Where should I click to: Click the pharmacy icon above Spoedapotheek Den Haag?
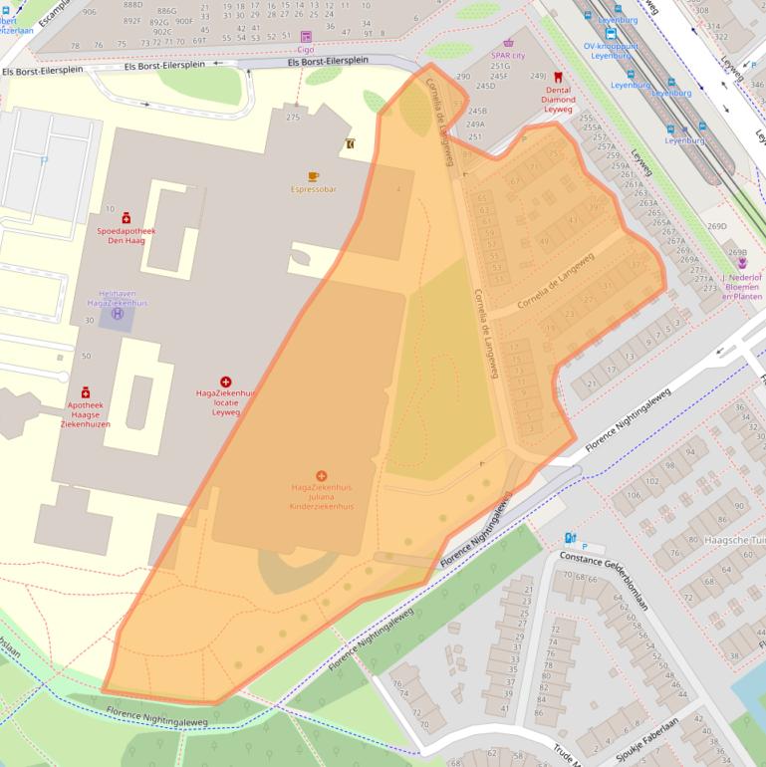(127, 218)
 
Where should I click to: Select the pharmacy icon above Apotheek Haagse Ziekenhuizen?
(86, 393)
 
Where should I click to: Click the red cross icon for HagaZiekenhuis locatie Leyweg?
(226, 382)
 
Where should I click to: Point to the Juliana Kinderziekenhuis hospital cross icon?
(322, 476)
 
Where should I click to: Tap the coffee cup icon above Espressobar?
(314, 176)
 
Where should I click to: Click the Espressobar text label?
(314, 188)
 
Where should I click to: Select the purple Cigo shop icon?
(306, 37)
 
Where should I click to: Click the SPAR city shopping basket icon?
(509, 44)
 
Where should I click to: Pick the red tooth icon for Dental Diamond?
(558, 77)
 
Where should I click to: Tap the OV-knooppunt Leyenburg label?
(612, 50)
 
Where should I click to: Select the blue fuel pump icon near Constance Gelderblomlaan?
(570, 538)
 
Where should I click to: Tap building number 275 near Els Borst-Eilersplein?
(293, 118)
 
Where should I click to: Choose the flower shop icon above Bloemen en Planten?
(742, 263)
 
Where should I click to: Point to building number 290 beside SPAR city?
(463, 77)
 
